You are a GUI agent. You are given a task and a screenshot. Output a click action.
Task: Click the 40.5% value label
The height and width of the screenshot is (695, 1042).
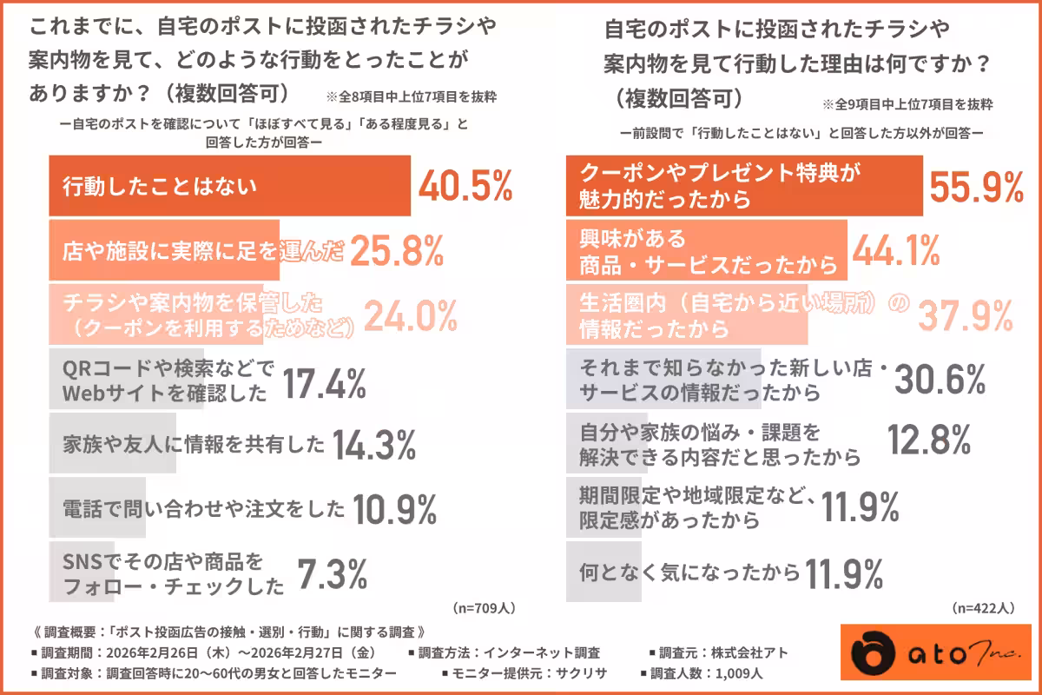click(465, 186)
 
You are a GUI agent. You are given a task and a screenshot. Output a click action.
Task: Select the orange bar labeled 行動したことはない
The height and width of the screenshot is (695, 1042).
click(229, 186)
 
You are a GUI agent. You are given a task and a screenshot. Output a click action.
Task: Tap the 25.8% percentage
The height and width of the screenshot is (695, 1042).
click(398, 252)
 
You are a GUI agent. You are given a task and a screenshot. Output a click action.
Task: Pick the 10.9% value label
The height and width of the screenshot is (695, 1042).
click(395, 508)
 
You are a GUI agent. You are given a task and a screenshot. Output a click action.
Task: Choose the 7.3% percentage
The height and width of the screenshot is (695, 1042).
click(333, 573)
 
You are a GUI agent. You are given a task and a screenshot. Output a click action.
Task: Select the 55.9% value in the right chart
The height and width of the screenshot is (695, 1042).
click(977, 186)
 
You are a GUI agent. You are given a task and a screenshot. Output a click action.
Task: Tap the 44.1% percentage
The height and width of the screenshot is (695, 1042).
click(896, 251)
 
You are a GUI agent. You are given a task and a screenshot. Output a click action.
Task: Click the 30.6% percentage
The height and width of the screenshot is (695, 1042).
click(940, 380)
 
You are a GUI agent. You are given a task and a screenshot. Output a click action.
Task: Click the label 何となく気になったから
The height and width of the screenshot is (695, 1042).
click(689, 573)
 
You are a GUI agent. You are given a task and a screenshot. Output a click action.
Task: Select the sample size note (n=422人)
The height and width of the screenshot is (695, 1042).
click(983, 607)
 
